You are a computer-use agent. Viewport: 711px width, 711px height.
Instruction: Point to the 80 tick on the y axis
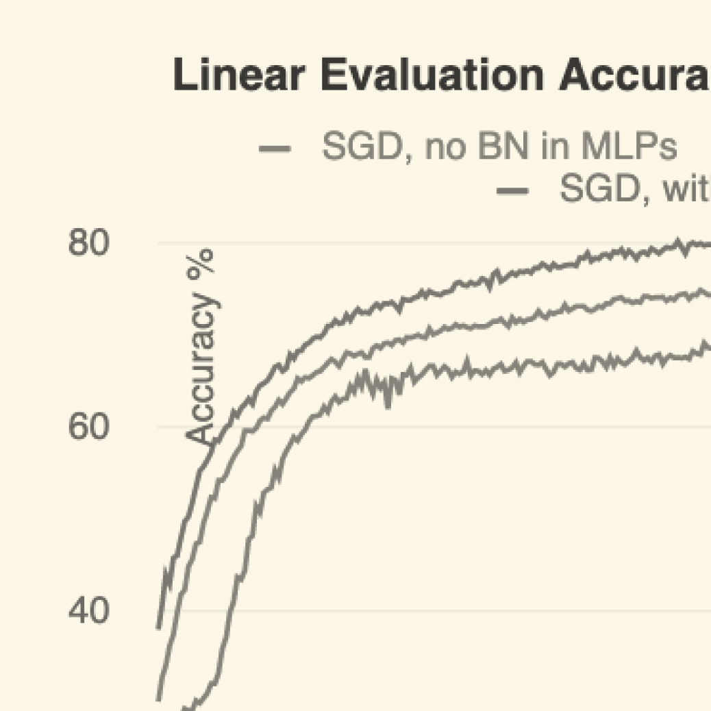point(88,244)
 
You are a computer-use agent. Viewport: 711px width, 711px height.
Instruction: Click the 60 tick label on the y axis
point(88,427)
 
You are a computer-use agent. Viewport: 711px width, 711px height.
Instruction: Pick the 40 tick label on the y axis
point(88,610)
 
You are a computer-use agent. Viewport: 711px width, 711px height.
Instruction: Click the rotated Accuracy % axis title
point(201,347)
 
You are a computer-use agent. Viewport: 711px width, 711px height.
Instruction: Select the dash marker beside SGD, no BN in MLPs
point(275,148)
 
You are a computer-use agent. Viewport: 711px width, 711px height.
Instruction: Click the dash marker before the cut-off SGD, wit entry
point(513,190)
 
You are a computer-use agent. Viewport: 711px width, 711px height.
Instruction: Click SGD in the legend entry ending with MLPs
point(360,147)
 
